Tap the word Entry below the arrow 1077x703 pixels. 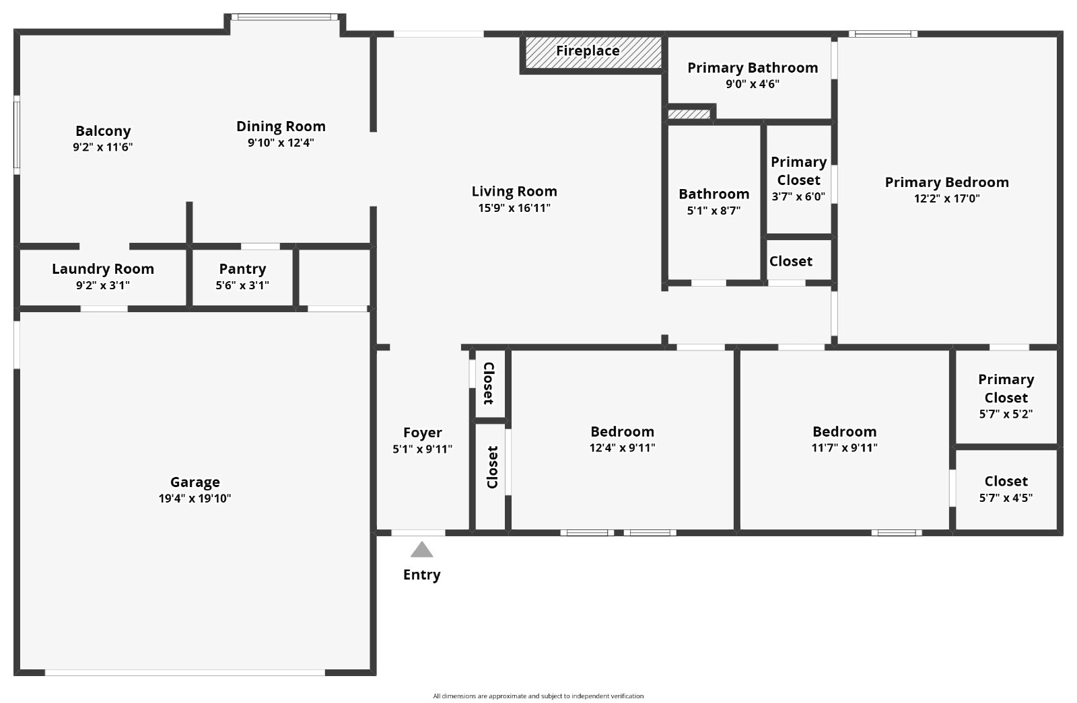click(421, 575)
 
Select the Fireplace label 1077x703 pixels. click(588, 51)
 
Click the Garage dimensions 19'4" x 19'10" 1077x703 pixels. click(195, 498)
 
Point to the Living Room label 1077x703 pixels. click(514, 191)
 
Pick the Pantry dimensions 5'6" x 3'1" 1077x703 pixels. click(242, 285)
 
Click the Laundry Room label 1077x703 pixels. click(103, 269)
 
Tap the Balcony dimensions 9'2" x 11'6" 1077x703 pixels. click(103, 147)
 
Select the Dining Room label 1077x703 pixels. click(281, 127)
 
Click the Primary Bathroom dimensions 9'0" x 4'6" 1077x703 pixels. click(753, 84)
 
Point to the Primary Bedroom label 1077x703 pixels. click(946, 182)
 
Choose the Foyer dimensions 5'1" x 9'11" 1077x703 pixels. click(422, 449)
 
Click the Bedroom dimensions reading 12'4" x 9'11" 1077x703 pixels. click(622, 448)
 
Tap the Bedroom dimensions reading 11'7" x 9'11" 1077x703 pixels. click(844, 448)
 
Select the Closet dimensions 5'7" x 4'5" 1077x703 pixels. click(1006, 498)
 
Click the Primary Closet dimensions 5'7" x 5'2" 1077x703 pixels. click(1006, 414)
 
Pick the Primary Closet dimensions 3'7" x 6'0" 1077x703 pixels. click(798, 196)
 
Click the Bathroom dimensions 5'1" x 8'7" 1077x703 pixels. click(714, 211)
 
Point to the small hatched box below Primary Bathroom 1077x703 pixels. click(689, 114)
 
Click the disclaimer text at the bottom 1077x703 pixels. click(538, 696)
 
